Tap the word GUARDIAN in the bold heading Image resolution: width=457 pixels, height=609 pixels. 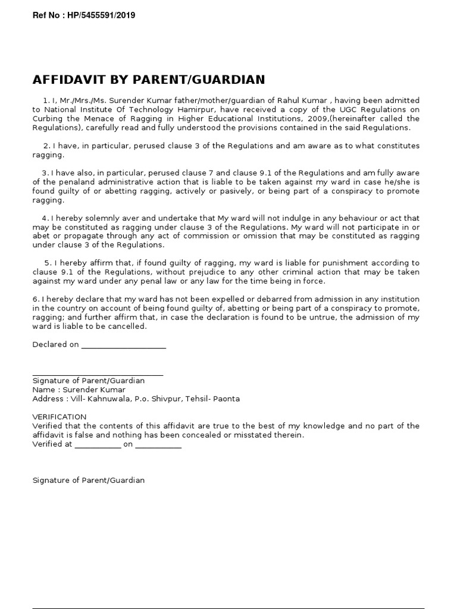click(x=233, y=80)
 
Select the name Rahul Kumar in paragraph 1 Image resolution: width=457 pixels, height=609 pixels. click(x=306, y=101)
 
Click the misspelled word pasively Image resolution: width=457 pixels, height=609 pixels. click(x=240, y=191)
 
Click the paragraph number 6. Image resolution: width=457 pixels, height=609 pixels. click(x=35, y=299)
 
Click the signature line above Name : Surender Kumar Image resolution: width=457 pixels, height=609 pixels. click(x=98, y=375)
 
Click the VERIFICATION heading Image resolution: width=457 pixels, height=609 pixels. click(x=60, y=416)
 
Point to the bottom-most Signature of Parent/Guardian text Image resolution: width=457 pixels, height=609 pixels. click(x=88, y=479)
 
